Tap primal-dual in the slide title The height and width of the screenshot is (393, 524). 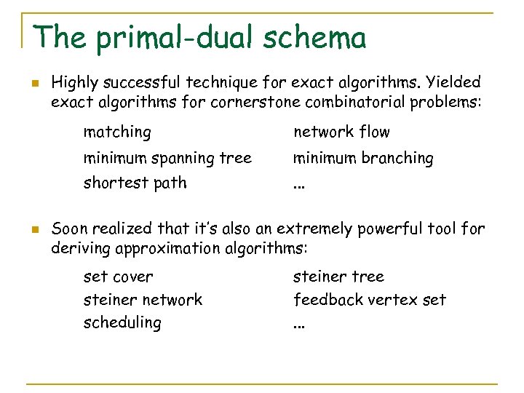point(161,39)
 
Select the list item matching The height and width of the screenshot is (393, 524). point(117,132)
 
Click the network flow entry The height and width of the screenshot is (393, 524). point(341,132)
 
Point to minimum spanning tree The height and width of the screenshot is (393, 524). point(167,158)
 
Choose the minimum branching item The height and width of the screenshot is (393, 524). point(363,158)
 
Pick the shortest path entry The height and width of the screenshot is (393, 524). point(135,183)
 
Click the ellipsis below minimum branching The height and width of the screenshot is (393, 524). point(298,186)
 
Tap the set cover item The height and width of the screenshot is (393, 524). point(119,277)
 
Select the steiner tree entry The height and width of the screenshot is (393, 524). point(338,277)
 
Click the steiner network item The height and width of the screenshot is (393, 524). point(143,299)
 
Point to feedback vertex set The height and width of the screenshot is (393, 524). point(370,299)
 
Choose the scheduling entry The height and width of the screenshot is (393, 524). point(122,322)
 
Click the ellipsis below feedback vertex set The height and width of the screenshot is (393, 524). point(298,325)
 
